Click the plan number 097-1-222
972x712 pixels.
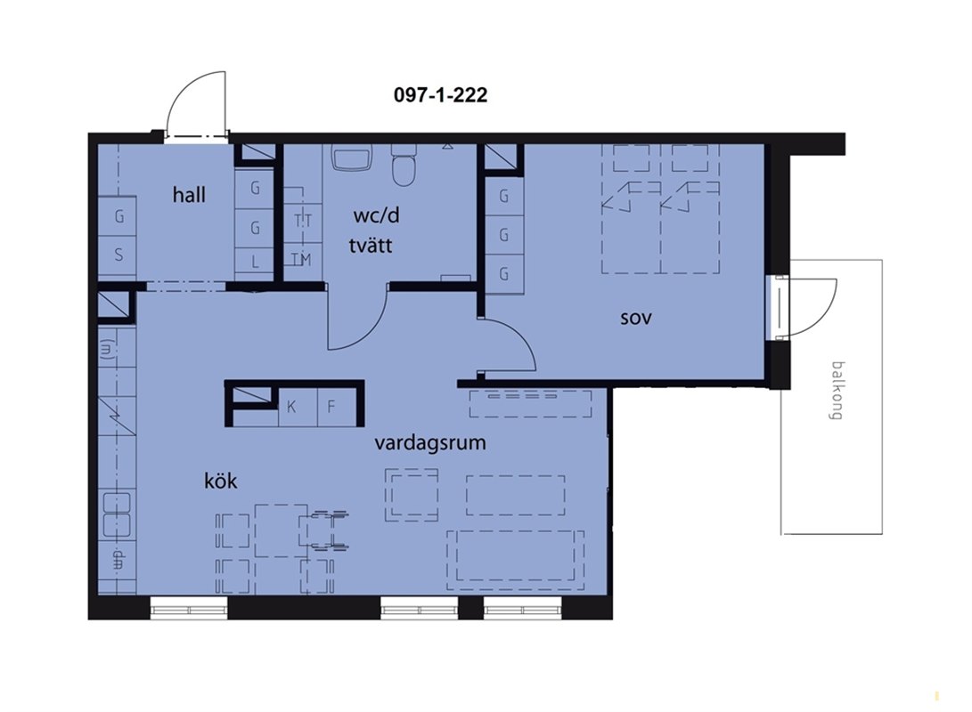tap(440, 94)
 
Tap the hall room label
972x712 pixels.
tap(189, 195)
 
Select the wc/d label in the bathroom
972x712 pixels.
tap(376, 215)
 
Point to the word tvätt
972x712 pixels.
tap(370, 245)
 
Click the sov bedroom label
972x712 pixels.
tap(636, 319)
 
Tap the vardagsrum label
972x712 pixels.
tap(429, 443)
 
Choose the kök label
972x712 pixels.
tap(221, 481)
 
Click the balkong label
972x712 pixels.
tap(837, 391)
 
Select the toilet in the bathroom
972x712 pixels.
tap(404, 166)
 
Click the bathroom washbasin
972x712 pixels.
tap(352, 158)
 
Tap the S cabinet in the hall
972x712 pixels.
tap(118, 255)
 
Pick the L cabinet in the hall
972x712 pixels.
tap(254, 262)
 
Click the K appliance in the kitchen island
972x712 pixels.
tap(298, 407)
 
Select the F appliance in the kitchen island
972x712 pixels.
tap(337, 407)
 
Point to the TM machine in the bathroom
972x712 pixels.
tap(303, 260)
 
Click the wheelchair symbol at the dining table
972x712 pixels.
tap(323, 530)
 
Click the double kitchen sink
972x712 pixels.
tap(116, 514)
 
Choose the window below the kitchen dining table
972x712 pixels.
tap(189, 608)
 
